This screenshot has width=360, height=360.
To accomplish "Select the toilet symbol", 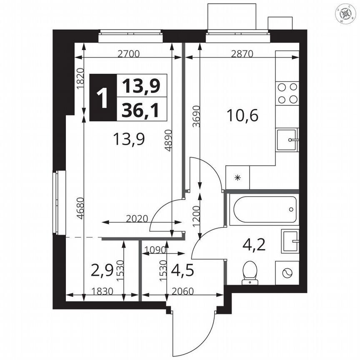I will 250,272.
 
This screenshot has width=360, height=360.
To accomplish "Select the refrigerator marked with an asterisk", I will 237,178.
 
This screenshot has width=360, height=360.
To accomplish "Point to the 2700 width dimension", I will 128,53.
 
